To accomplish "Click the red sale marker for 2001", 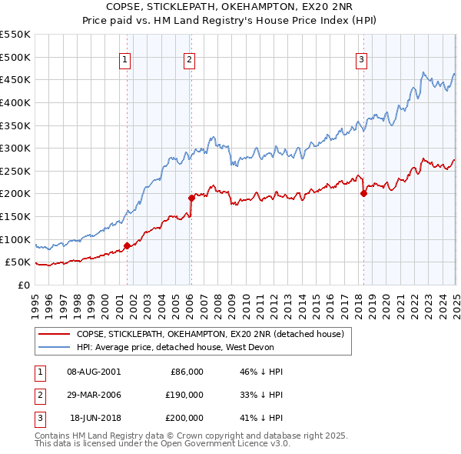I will click(128, 245).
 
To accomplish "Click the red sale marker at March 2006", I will click(192, 198).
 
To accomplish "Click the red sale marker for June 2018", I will click(363, 193).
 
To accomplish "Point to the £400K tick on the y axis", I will click(15, 102).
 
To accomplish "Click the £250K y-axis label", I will click(15, 171).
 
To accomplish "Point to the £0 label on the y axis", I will click(23, 285).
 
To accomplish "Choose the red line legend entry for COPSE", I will click(214, 334).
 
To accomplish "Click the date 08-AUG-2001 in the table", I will click(94, 371).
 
